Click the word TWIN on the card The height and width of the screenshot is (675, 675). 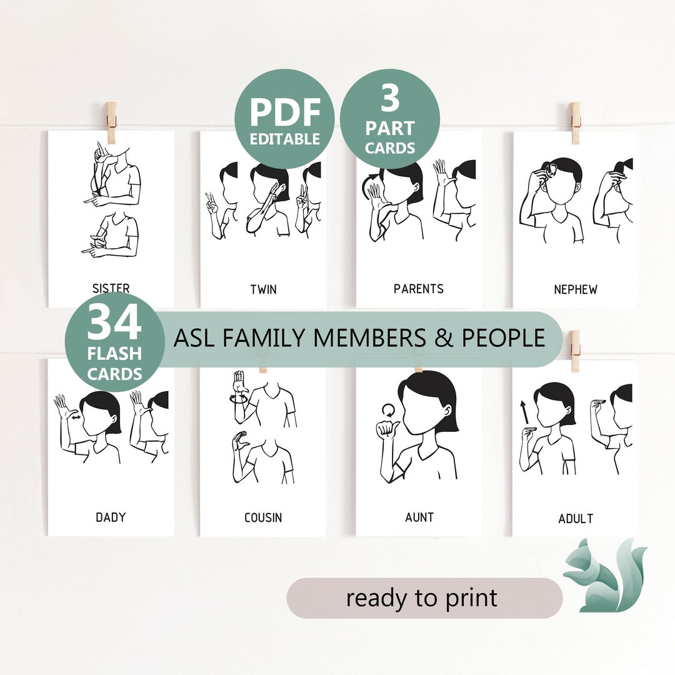(x=263, y=289)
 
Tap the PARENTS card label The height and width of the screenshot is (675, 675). (x=419, y=289)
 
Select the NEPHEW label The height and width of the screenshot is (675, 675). (x=575, y=289)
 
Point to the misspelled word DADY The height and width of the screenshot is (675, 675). (x=111, y=517)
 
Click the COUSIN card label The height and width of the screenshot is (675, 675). (x=263, y=517)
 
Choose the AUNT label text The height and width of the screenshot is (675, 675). (x=419, y=517)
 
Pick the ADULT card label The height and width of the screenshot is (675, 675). (x=576, y=518)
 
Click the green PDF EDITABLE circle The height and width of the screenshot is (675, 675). (x=285, y=119)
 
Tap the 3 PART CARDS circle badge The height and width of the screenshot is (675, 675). (x=390, y=119)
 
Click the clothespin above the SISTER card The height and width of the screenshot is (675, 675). (x=111, y=122)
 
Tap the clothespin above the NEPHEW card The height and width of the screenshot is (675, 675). (x=575, y=122)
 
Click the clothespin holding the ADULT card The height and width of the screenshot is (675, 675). (x=575, y=351)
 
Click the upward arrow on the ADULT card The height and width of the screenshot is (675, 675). (x=524, y=412)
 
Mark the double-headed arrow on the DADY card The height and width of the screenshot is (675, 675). (x=75, y=418)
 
